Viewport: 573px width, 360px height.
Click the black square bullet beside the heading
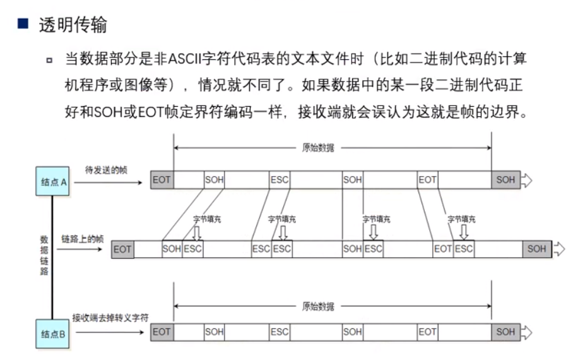[23, 25]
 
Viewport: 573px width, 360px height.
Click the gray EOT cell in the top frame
[162, 180]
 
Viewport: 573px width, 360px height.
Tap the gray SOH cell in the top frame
[505, 180]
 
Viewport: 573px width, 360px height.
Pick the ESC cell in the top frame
[279, 180]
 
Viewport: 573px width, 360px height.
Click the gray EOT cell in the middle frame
[122, 249]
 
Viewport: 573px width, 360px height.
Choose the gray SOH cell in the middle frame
[536, 249]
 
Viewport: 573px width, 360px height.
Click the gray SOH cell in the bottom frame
[505, 332]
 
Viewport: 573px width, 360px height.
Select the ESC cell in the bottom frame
[279, 332]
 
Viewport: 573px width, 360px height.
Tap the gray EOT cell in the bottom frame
[162, 332]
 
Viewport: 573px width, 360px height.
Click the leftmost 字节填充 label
[207, 219]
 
